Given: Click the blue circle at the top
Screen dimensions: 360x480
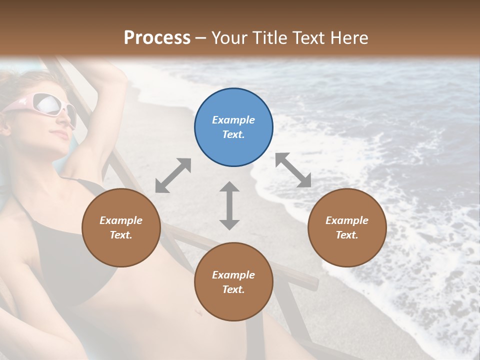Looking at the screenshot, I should point(233,127).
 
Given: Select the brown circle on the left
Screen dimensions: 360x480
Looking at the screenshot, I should point(121,227).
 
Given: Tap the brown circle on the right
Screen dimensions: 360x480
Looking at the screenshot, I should point(347,227).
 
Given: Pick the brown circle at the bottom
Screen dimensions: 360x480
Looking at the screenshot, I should point(233,282).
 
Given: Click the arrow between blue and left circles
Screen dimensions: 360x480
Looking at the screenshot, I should point(173,175).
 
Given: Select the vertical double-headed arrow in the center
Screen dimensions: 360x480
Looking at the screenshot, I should point(229,205).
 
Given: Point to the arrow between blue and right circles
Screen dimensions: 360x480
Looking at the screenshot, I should point(293,170).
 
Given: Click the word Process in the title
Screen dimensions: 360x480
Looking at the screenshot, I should point(157,38).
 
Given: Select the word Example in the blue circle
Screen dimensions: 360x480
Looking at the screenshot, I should point(233,120).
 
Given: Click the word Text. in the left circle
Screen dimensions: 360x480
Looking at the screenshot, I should point(121,235).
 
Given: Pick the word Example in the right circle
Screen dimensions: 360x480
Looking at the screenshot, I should point(347,220).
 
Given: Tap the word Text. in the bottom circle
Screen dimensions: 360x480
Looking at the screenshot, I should point(233,289).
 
